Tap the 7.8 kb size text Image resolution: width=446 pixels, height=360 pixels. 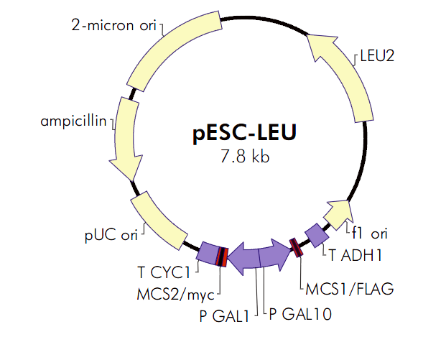click(x=245, y=156)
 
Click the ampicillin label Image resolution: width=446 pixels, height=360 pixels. click(x=73, y=119)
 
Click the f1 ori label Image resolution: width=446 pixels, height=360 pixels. click(x=369, y=233)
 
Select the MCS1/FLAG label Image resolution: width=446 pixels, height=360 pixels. click(x=350, y=289)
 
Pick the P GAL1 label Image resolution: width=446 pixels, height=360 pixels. click(x=224, y=314)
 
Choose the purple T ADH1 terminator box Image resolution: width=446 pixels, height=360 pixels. click(x=316, y=234)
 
